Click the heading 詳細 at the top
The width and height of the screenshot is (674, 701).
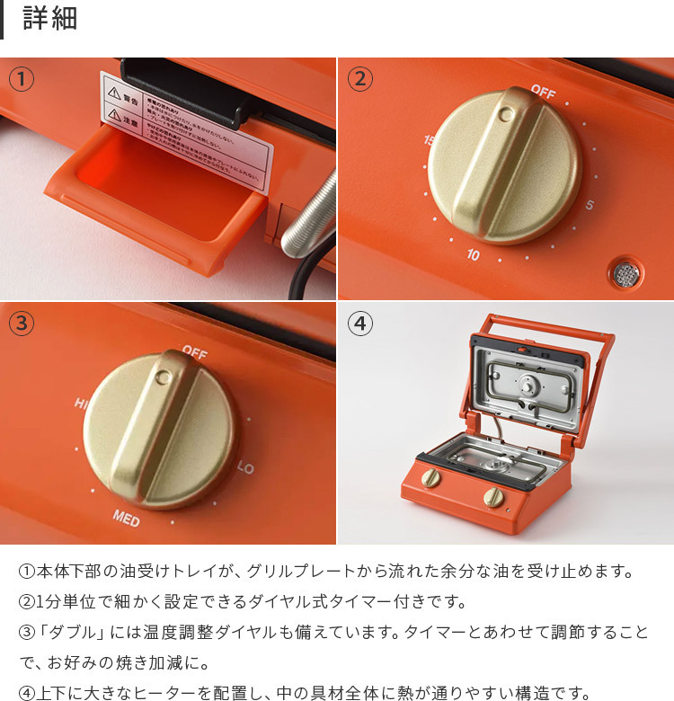pos(50,19)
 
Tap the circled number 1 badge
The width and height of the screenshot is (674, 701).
pos(22,79)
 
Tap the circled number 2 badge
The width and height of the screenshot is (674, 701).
pos(359,79)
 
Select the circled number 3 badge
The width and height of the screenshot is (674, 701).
pos(22,323)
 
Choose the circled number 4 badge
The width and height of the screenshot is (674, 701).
pos(359,323)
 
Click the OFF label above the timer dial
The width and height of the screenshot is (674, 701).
pos(543,91)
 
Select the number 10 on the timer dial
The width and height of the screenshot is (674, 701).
pos(473,255)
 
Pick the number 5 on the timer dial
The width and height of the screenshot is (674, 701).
pos(590,206)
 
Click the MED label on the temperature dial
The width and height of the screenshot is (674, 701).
pos(126,517)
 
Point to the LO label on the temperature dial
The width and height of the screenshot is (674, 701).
pos(245,469)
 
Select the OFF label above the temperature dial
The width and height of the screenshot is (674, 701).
pos(194,351)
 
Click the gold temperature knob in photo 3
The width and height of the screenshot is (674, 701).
pos(162,430)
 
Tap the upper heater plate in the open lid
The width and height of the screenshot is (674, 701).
pos(525,381)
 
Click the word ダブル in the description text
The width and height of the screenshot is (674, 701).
pos(75,633)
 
